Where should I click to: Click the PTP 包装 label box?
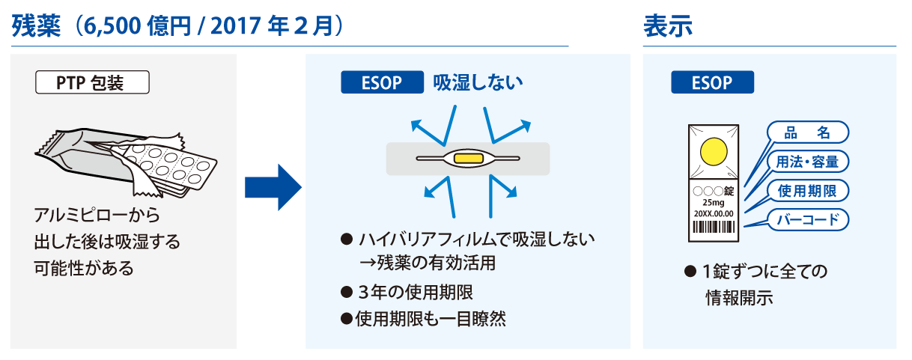tap(92, 82)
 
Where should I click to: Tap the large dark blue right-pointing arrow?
tap(273, 188)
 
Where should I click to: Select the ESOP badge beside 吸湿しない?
tap(383, 82)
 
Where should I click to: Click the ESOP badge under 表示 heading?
tap(713, 82)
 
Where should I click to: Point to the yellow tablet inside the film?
tap(468, 158)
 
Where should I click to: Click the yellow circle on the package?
tap(714, 152)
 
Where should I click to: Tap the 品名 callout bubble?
tap(808, 132)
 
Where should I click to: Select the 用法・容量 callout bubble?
tap(808, 162)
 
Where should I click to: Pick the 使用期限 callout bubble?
tap(808, 191)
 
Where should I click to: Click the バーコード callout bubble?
tap(808, 220)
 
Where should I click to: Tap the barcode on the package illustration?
tap(714, 227)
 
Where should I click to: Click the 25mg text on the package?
tap(714, 203)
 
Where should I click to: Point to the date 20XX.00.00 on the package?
tap(714, 213)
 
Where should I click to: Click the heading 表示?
tap(668, 26)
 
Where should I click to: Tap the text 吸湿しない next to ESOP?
tap(478, 82)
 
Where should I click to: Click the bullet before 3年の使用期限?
tap(347, 292)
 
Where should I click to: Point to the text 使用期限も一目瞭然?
tap(431, 319)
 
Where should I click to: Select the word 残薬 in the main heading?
tap(36, 26)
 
